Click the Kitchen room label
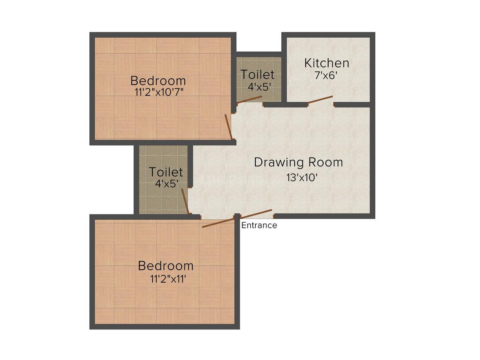click(x=326, y=63)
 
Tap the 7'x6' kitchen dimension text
click(x=326, y=76)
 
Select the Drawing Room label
click(x=298, y=162)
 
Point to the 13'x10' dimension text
click(x=302, y=178)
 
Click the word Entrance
click(x=259, y=226)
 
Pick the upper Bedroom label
click(x=158, y=80)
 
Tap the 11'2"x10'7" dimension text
click(x=159, y=92)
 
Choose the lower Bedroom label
click(x=166, y=265)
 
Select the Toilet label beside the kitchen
click(x=257, y=75)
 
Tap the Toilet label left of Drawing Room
click(x=166, y=172)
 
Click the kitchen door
click(x=320, y=100)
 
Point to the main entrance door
click(x=256, y=214)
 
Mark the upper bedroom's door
click(x=228, y=126)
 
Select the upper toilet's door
click(x=249, y=100)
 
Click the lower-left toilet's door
click(x=185, y=202)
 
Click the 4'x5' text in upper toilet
click(x=257, y=87)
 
